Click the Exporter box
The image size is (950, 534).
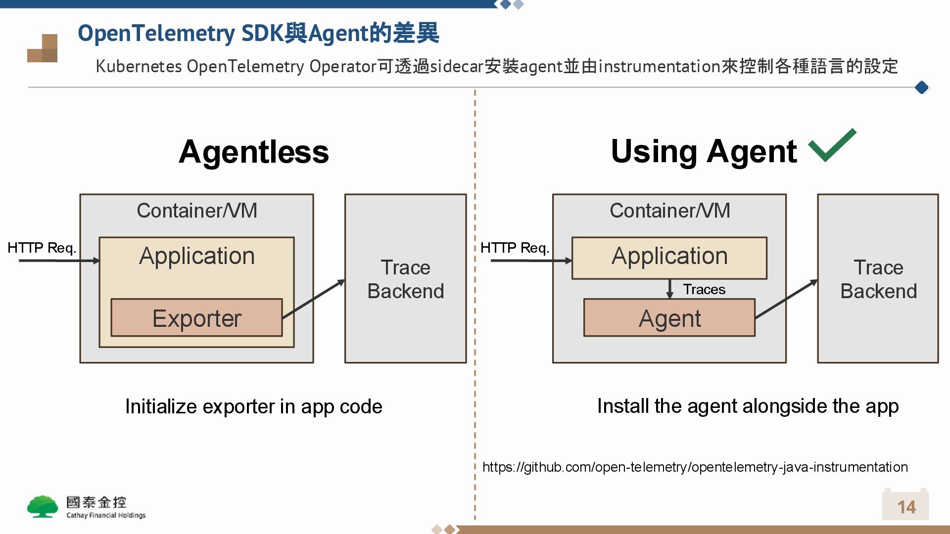[x=196, y=318]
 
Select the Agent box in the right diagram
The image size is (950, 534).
[x=669, y=318]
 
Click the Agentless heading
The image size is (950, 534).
[x=254, y=152]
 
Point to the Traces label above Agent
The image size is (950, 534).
[x=704, y=289]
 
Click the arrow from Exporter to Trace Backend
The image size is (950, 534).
[x=314, y=298]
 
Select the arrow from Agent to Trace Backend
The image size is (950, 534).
[x=787, y=299]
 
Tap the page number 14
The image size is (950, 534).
[x=906, y=507]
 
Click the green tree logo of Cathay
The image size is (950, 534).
[x=43, y=507]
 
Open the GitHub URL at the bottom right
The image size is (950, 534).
[x=695, y=467]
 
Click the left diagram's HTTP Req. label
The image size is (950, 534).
[x=42, y=248]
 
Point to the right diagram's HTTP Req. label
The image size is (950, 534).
[x=515, y=248]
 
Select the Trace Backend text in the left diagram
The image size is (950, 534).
[x=406, y=279]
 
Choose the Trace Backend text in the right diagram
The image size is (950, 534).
[x=878, y=279]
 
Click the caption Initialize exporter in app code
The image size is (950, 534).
[x=253, y=406]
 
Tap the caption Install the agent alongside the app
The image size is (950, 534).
[x=748, y=406]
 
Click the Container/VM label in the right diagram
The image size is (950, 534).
[x=669, y=211]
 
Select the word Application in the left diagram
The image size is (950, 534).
[x=197, y=256]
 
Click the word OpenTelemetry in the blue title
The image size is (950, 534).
[x=156, y=34]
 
